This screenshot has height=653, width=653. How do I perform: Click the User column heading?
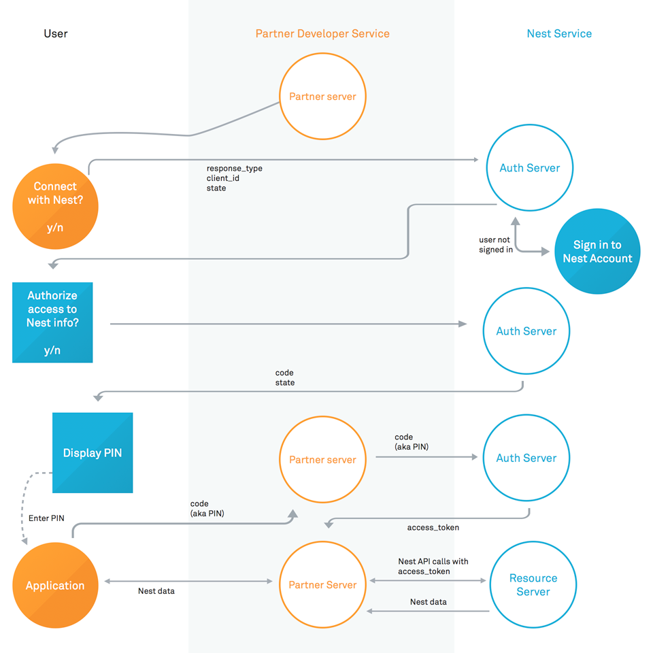55,33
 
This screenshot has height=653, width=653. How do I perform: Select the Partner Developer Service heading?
322,33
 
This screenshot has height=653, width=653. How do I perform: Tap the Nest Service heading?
559,33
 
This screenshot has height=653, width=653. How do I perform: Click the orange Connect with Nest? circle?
55,206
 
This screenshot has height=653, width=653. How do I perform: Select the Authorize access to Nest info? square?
52,322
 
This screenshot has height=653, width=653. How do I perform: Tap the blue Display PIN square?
93,452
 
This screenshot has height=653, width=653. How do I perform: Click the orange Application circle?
55,585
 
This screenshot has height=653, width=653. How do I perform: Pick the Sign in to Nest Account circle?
597,252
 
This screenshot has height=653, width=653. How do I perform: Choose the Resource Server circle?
533,584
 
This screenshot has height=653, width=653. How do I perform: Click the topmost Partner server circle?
322,97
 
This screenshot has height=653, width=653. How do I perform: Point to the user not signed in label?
495,245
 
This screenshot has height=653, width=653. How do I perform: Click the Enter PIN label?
46,518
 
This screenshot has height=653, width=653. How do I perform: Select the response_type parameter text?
234,168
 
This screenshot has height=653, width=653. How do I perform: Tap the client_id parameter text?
222,178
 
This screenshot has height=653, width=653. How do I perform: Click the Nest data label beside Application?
156,591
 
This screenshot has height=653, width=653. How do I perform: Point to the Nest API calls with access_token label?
433,567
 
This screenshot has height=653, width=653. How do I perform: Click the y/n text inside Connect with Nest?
55,227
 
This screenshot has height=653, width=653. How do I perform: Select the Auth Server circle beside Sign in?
529,168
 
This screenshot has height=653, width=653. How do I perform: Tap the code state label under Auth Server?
284,378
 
